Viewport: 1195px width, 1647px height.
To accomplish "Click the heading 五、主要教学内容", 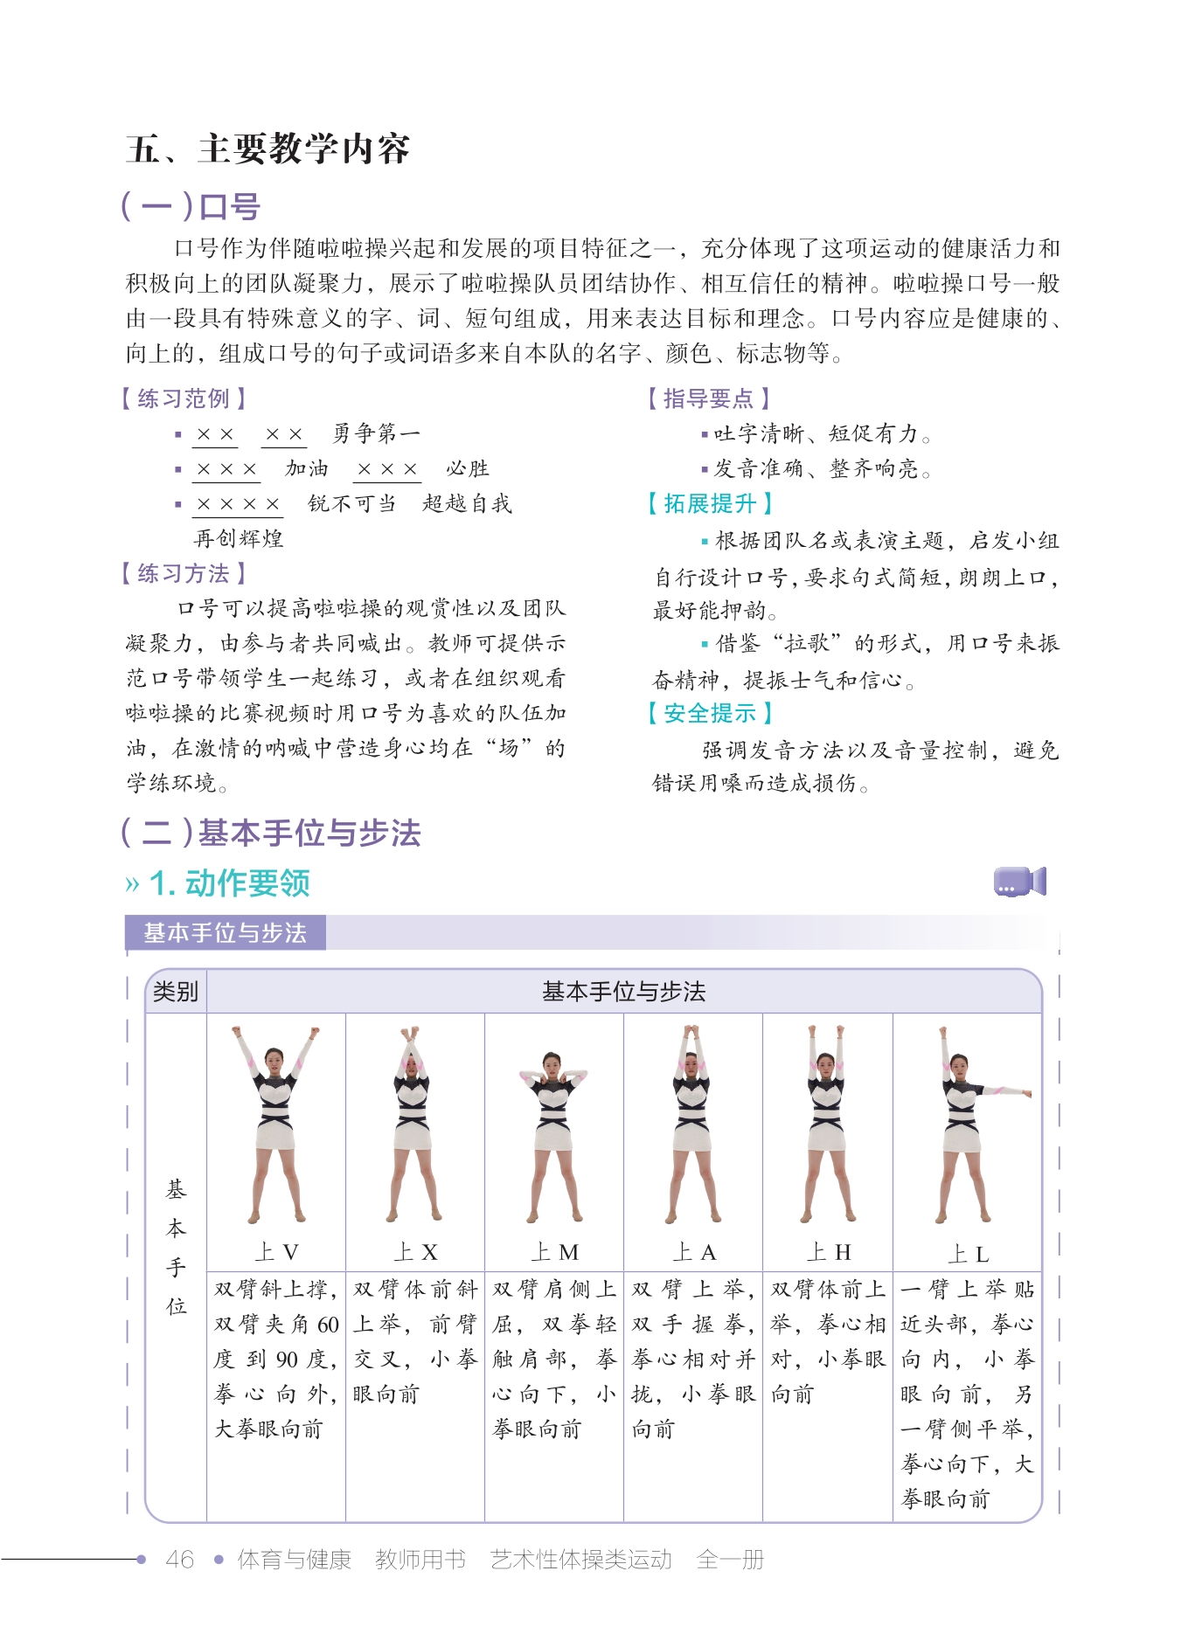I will [x=267, y=149].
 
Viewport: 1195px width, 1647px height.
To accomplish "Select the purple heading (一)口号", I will [x=191, y=207].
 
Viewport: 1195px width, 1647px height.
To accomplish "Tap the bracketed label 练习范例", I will [x=184, y=398].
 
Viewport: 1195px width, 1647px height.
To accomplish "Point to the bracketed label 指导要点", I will [x=708, y=398].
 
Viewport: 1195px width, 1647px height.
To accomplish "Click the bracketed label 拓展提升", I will [x=709, y=503].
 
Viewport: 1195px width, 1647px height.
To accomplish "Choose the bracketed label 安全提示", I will [x=709, y=713].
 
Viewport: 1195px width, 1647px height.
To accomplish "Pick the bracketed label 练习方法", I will [x=184, y=573].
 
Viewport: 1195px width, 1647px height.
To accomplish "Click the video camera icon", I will [x=1019, y=882].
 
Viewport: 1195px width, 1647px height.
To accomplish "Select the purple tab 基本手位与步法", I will [x=225, y=932].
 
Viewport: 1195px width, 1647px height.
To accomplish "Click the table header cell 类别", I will [x=176, y=992].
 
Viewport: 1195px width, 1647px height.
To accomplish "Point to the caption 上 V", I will [x=276, y=1252].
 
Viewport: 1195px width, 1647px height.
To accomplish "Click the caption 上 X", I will [x=415, y=1252].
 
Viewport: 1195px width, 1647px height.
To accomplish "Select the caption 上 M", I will [x=554, y=1252].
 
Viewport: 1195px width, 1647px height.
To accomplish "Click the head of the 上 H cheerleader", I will [x=826, y=1063].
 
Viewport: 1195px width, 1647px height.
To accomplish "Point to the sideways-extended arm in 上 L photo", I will [x=1005, y=1090].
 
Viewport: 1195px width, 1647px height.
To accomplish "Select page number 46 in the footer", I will [x=179, y=1559].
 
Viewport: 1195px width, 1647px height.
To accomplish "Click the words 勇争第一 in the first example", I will [x=376, y=433].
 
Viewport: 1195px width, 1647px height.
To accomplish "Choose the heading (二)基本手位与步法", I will [x=271, y=833].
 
